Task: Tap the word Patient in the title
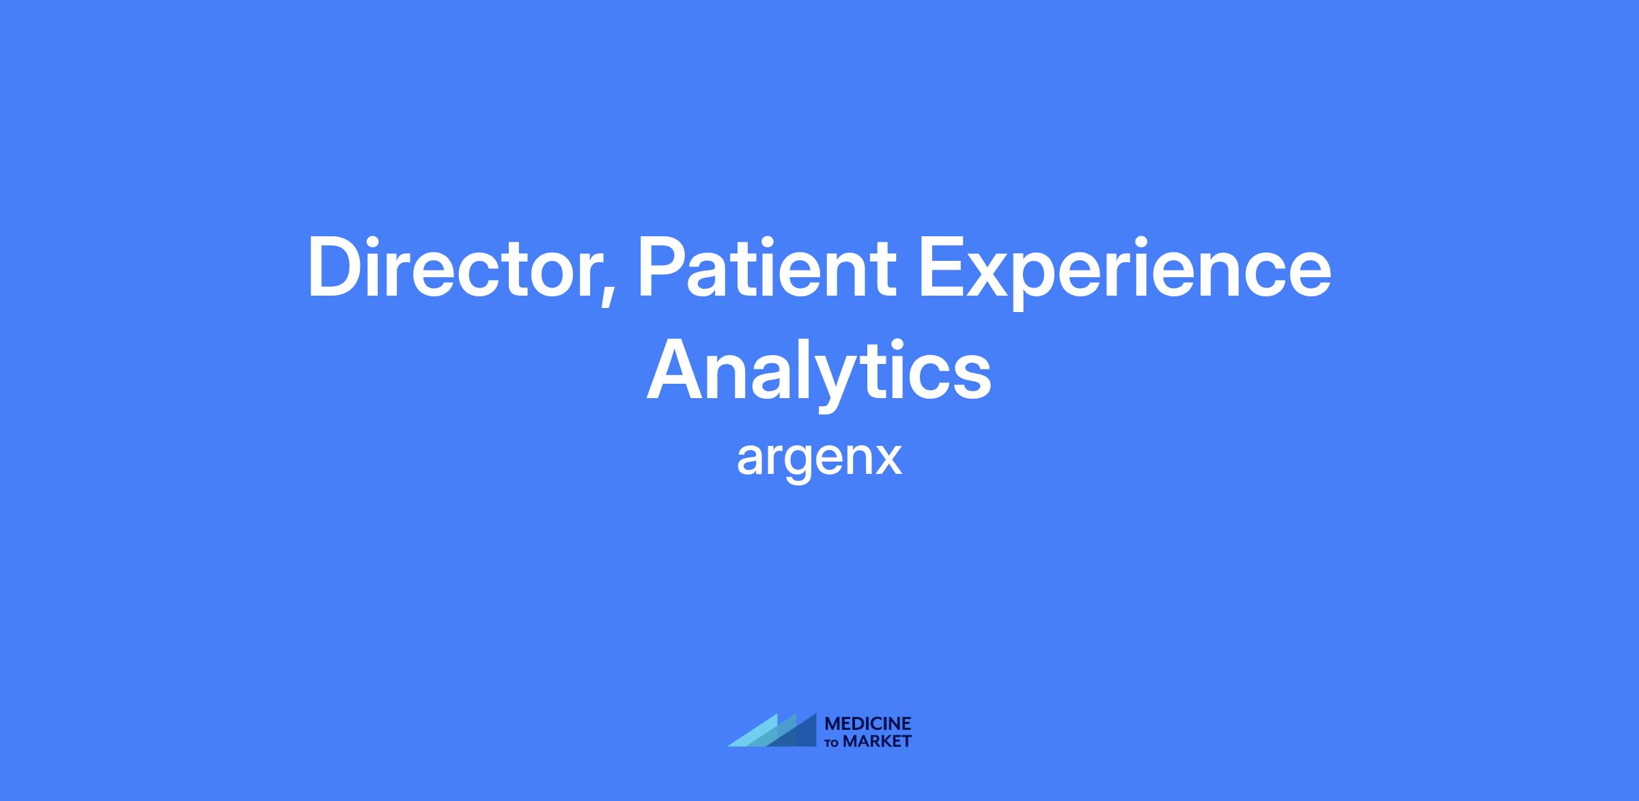point(766,267)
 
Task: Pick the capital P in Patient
point(661,267)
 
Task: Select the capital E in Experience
point(942,267)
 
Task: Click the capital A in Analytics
point(676,368)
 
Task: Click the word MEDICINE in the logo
point(868,724)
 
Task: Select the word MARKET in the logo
point(877,741)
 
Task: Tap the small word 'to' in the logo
point(832,742)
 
